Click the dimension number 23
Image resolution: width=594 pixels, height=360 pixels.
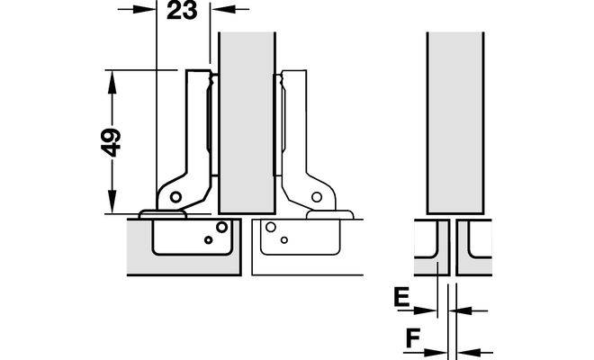[x=182, y=10]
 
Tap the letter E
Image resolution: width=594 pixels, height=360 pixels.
[x=402, y=297]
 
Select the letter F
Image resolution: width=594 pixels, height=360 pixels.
[x=413, y=338]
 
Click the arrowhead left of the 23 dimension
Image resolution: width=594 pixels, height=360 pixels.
[x=144, y=9]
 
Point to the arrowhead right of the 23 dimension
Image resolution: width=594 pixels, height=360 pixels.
[x=223, y=9]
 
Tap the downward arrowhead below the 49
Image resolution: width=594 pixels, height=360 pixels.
[x=112, y=202]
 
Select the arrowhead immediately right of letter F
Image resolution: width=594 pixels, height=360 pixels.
[x=436, y=353]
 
